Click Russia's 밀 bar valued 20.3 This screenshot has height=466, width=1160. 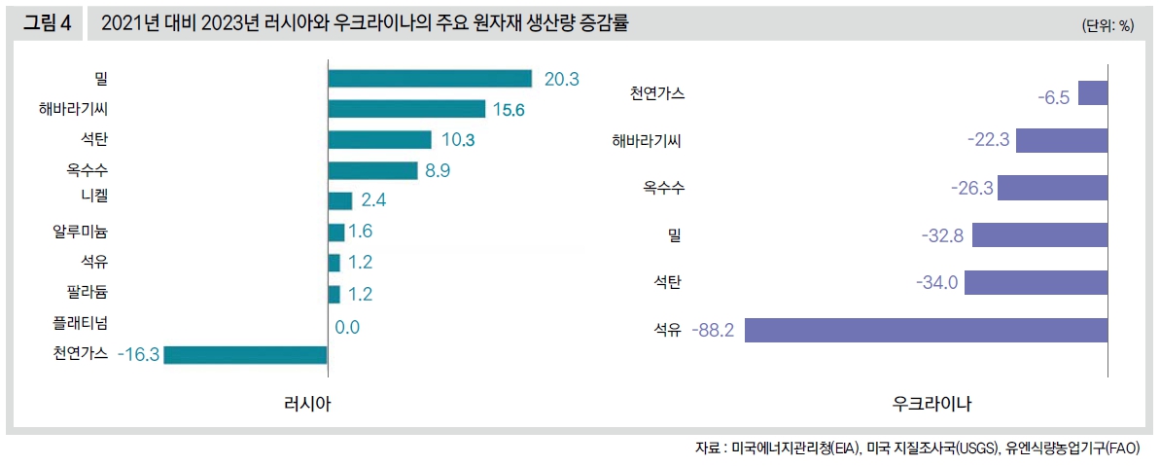click(430, 79)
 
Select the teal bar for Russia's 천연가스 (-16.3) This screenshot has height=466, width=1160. click(245, 354)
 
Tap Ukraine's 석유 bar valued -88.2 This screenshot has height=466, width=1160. click(927, 330)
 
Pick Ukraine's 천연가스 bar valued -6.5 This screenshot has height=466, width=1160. click(1093, 93)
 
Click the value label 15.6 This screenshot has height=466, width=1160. click(509, 110)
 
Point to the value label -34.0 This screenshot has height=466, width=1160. click(937, 283)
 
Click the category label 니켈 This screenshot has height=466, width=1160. click(94, 200)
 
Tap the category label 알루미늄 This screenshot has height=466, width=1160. click(81, 232)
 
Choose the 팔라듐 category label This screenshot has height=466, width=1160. click(88, 292)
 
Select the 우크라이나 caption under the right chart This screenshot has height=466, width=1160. click(932, 403)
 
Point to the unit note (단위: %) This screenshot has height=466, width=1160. click(1107, 26)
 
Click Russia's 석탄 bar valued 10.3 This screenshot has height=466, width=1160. click(379, 140)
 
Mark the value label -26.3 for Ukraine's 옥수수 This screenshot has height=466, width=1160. click(973, 188)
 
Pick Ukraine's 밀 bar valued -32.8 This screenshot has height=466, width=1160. click(1039, 235)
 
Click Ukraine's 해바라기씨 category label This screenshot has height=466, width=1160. click(647, 141)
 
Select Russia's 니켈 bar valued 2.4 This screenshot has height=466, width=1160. click(340, 200)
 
